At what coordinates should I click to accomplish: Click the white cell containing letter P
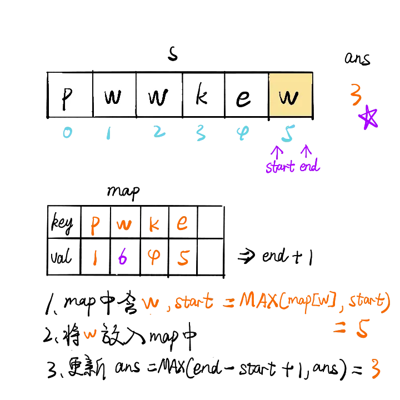point(70,95)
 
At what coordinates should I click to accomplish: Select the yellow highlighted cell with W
point(290,95)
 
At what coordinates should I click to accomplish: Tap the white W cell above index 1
point(114,95)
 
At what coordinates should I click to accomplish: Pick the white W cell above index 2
point(159,95)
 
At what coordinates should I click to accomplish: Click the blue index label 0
point(68,133)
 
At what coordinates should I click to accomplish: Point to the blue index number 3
point(201,133)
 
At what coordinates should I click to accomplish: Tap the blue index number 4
point(242,133)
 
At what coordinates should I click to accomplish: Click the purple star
point(368,118)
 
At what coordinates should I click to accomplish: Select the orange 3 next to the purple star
point(356,94)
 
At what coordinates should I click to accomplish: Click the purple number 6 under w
point(123,258)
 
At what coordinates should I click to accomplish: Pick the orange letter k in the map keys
point(154,224)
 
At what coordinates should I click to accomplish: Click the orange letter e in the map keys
point(182,224)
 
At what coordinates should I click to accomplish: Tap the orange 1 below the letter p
point(95,258)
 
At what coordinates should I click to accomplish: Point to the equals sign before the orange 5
point(339,327)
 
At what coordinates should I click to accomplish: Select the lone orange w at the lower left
point(89,334)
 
